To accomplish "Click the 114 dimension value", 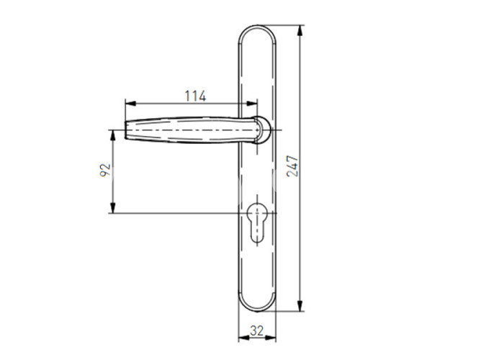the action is (x=195, y=96).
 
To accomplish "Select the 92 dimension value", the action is (x=105, y=170).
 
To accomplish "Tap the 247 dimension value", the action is (x=292, y=166).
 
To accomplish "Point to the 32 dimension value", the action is (x=257, y=330).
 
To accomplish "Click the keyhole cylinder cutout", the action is (x=257, y=222).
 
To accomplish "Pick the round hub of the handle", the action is (x=262, y=130).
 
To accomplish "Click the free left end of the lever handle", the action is (x=125, y=130).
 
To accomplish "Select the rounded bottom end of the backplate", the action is (x=257, y=311).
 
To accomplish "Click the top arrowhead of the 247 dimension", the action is (x=300, y=30).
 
